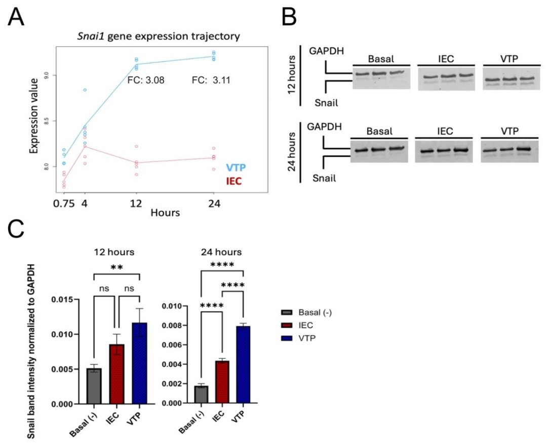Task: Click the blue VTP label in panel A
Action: tap(226, 168)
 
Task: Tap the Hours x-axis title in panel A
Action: tap(165, 214)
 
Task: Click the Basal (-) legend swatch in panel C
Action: tap(287, 312)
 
